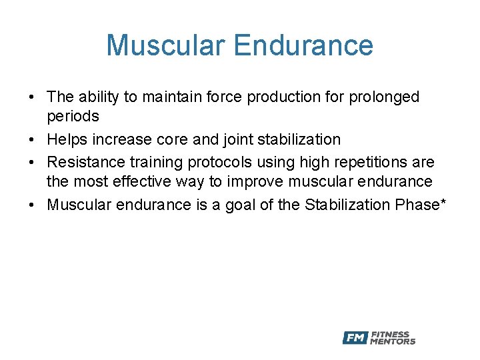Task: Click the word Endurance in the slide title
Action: pyautogui.click(x=304, y=45)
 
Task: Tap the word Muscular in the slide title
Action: pyautogui.click(x=166, y=45)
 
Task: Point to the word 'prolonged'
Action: pyautogui.click(x=387, y=97)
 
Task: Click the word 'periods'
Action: pyautogui.click(x=73, y=117)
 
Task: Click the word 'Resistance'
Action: pyautogui.click(x=83, y=162)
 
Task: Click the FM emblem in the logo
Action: pyautogui.click(x=355, y=338)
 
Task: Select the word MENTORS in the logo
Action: pyautogui.click(x=393, y=342)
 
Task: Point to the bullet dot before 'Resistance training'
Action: pyautogui.click(x=32, y=163)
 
